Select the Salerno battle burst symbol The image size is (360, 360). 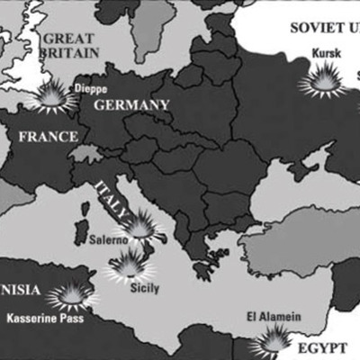point(140,225)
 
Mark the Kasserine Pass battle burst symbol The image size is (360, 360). point(68,294)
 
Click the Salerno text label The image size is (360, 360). point(112,240)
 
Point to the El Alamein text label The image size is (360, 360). point(273,316)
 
